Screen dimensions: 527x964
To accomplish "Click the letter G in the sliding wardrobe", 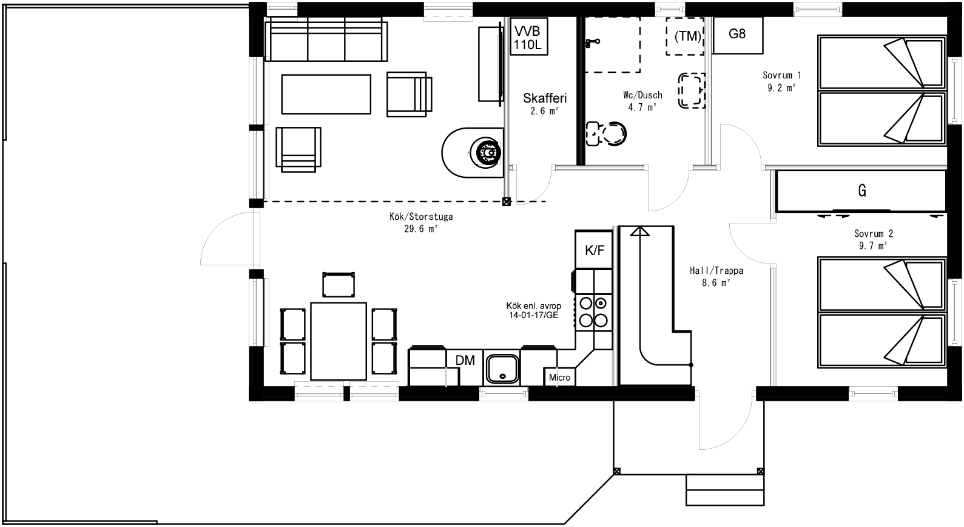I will click(x=861, y=191).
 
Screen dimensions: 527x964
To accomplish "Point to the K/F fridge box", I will click(x=594, y=250).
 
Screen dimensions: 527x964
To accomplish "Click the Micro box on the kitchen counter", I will click(x=559, y=377).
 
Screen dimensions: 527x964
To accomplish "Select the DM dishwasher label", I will click(x=465, y=360).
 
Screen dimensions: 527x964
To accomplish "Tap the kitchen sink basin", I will click(x=502, y=368).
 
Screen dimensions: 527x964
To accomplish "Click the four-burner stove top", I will click(x=593, y=311).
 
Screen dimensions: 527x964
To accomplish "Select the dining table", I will click(x=338, y=340).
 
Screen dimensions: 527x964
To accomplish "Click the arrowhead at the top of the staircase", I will click(x=639, y=231).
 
